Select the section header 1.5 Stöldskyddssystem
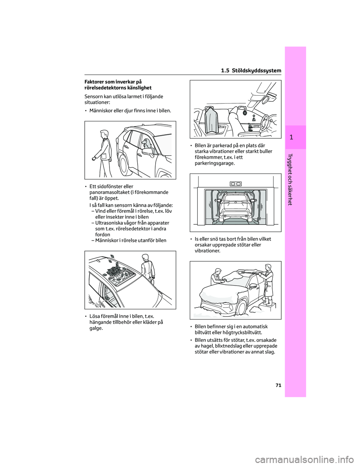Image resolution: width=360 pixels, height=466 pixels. click(252, 71)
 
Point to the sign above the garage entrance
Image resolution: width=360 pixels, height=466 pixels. click(235, 183)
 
